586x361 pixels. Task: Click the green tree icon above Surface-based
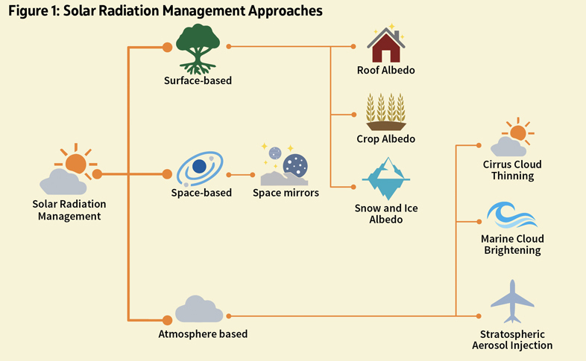point(198,47)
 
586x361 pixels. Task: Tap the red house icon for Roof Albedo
point(386,45)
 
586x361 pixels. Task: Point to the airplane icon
point(512,300)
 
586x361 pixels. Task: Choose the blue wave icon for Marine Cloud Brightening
point(511,215)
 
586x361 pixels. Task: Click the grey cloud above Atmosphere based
point(199,308)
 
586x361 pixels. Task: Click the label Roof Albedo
point(385,71)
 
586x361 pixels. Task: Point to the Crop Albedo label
point(385,138)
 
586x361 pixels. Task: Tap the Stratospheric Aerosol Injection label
point(512,339)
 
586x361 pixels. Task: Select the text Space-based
point(201,193)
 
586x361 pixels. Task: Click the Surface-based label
point(198,80)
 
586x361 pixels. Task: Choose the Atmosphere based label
point(203,333)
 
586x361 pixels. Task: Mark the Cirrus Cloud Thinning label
point(512,170)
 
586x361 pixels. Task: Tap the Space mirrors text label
point(286,193)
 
